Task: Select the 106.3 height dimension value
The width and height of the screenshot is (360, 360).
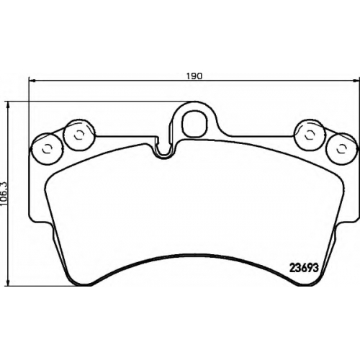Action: [x=4, y=194]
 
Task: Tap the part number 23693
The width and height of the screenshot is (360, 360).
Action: [x=305, y=268]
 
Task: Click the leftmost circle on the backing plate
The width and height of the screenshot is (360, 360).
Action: [x=46, y=149]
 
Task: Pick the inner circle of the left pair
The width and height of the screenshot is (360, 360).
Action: [x=78, y=135]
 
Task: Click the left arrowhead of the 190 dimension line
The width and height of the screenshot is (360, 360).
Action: [x=32, y=81]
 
